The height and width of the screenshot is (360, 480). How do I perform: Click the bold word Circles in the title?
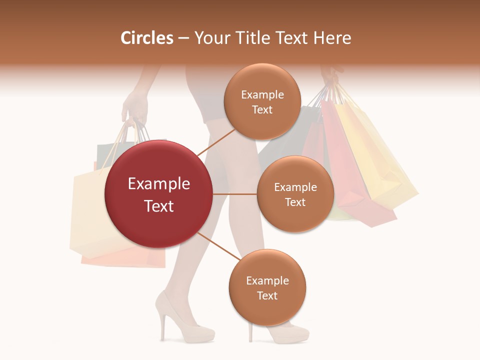click(147, 38)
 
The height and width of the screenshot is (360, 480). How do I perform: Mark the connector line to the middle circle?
click(235, 194)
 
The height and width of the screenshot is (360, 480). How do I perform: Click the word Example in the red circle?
click(158, 184)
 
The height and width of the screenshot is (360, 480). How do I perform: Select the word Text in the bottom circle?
click(267, 295)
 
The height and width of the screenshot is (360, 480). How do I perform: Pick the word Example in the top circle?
click(262, 94)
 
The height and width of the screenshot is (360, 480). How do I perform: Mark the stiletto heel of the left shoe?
click(162, 327)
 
